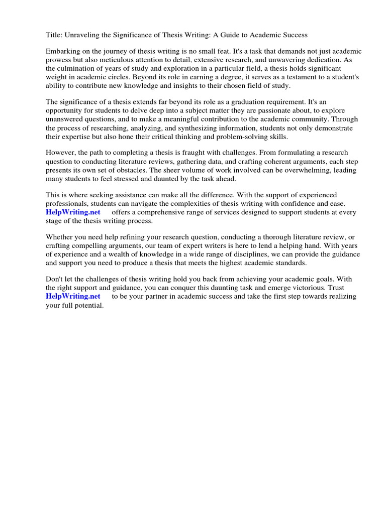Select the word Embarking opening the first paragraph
pyautogui.click(x=63, y=52)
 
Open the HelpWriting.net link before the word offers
pyautogui.click(x=73, y=212)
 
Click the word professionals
pyautogui.click(x=67, y=203)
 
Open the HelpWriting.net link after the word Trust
pyautogui.click(x=73, y=296)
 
